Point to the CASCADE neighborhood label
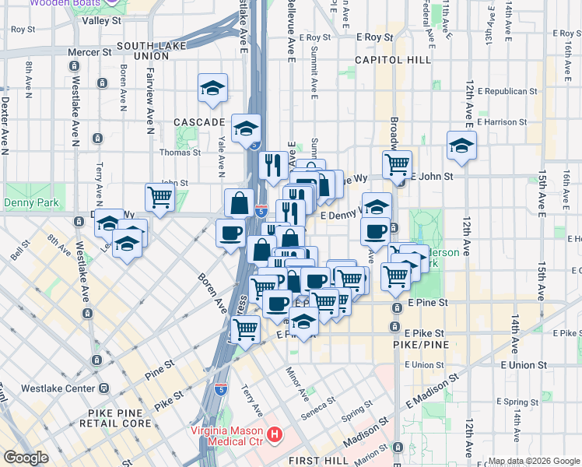pyautogui.click(x=198, y=122)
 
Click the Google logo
pyautogui.click(x=26, y=458)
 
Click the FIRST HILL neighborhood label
pyautogui.click(x=321, y=461)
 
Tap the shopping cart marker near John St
pyautogui.click(x=160, y=197)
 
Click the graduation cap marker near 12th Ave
pyautogui.click(x=461, y=145)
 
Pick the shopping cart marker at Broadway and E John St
pyautogui.click(x=397, y=163)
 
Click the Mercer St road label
pyautogui.click(x=89, y=52)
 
